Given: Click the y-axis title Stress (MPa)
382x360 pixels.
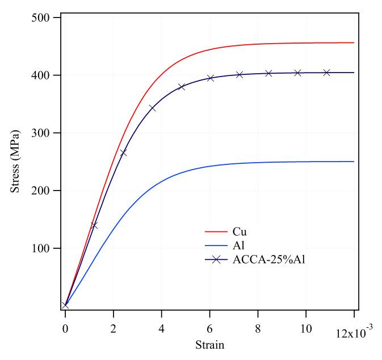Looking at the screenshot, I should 15,162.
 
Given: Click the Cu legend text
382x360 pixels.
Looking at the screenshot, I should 240,232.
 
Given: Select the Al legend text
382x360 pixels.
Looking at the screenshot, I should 238,246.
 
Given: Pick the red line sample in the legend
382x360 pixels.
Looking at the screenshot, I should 215,232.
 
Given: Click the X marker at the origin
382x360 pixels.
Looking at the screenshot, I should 65,306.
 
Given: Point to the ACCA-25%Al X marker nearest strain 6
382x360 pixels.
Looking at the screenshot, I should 210,78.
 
